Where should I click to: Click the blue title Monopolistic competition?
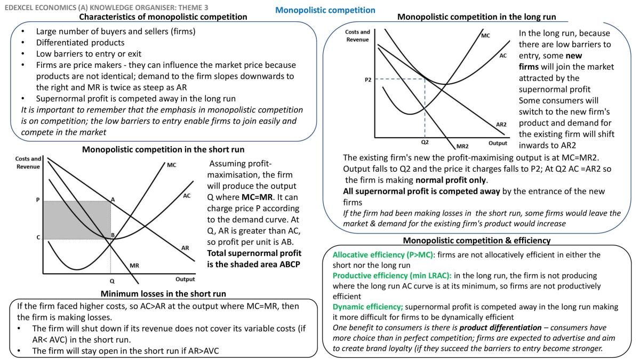coord(325,10)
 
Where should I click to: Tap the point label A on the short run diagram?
coord(113,199)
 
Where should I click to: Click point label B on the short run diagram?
coord(113,235)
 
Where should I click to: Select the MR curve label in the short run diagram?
coord(134,266)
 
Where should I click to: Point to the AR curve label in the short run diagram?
coord(185,247)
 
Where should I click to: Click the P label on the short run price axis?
coord(38,199)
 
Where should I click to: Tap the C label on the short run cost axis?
coord(38,237)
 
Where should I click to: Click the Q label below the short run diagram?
coord(112,281)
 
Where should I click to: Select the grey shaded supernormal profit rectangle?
coord(77,220)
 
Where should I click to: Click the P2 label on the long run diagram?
coord(368,79)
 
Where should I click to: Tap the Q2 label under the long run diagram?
coord(425,142)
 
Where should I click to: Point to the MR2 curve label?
coord(462,146)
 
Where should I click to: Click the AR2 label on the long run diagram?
coord(501,124)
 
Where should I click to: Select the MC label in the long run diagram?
coord(485,35)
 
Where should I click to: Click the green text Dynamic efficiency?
coord(367,307)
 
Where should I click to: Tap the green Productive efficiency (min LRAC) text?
coord(392,276)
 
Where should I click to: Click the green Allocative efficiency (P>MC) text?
coord(383,255)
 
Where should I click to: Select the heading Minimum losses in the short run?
coord(163,294)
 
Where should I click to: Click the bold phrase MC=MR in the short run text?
coord(258,197)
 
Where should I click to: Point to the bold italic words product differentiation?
coord(500,327)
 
